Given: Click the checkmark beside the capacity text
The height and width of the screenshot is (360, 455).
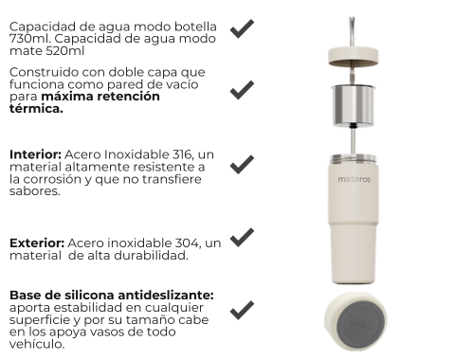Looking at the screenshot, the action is click(242, 29).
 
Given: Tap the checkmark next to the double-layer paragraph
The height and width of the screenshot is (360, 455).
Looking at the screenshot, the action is click(242, 90).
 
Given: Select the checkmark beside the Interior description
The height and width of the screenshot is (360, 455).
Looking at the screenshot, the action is click(242, 165).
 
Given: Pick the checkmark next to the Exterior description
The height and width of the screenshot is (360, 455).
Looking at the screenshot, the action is click(242, 238).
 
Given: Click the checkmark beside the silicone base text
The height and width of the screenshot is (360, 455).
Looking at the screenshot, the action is click(242, 310).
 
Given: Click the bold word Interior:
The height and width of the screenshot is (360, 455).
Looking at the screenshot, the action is click(35, 154).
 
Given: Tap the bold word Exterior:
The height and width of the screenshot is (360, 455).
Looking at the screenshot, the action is click(37, 243).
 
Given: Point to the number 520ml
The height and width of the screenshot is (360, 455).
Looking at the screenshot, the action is click(65, 50).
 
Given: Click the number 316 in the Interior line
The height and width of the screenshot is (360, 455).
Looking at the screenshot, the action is click(182, 154).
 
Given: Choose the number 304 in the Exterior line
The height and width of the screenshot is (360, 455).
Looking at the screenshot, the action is click(188, 243).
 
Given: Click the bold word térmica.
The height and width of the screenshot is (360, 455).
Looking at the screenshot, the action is click(36, 108).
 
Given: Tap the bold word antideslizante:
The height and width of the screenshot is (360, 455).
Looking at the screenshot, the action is click(166, 295).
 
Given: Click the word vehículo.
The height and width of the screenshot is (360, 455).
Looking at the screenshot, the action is click(37, 344).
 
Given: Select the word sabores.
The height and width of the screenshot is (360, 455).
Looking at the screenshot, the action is click(34, 191).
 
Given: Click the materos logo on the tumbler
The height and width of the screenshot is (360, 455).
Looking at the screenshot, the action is click(355, 179).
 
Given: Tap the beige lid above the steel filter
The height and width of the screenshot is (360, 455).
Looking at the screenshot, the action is click(353, 56).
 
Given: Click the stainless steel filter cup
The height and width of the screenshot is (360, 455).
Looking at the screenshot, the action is click(354, 105).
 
